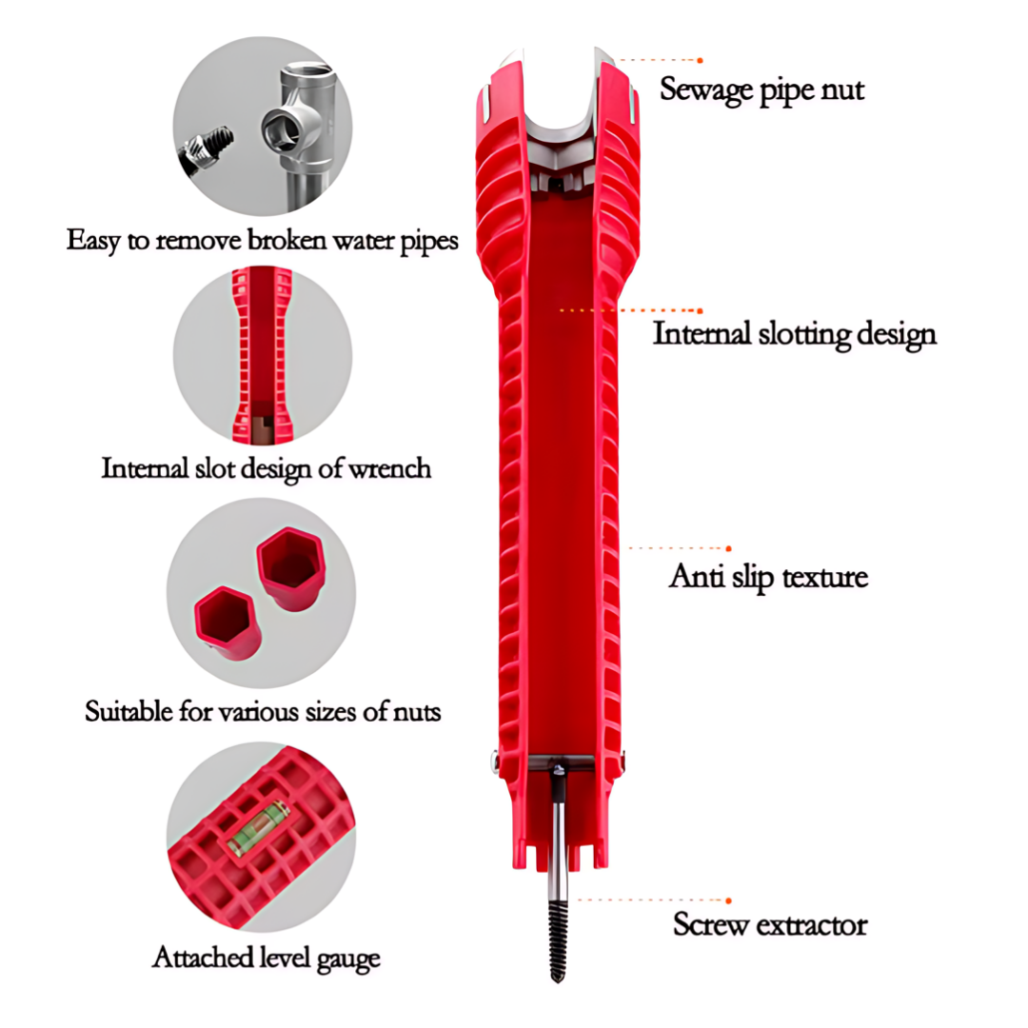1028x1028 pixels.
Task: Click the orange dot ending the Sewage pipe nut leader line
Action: (701, 60)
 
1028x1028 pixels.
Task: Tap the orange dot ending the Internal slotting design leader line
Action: (701, 310)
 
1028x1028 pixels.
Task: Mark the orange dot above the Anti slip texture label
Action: (728, 548)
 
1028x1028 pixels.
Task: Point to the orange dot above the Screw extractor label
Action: (728, 900)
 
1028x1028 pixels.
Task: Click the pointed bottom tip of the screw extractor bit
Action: (557, 981)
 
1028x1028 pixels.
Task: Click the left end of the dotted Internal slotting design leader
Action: (562, 310)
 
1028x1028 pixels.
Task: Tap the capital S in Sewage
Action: (669, 89)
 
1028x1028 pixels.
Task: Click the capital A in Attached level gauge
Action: (164, 958)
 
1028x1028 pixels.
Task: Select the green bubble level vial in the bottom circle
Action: (258, 828)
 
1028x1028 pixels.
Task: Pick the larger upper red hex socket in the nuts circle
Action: (290, 567)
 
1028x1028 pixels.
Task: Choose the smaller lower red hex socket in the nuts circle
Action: (227, 623)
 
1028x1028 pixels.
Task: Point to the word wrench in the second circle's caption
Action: (390, 468)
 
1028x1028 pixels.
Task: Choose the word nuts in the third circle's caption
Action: (416, 712)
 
